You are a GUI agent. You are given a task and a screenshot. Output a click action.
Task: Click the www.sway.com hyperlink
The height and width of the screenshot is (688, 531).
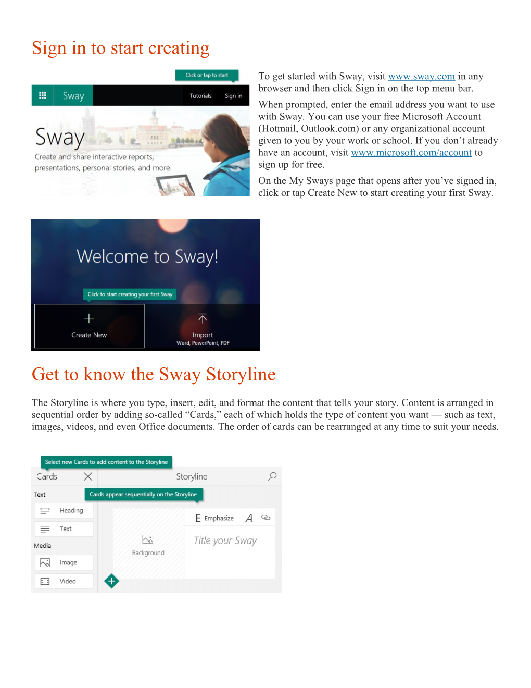point(421,77)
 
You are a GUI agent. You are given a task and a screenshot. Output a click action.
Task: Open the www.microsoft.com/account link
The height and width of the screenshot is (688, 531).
point(411,153)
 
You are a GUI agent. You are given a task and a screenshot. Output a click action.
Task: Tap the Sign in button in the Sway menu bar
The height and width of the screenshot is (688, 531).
point(233,96)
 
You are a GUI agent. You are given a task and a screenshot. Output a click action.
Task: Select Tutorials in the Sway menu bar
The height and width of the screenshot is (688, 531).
point(200,96)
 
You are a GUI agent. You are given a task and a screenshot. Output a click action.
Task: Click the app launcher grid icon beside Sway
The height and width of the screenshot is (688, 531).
point(43,95)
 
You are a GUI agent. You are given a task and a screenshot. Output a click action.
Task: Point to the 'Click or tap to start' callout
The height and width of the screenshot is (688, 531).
point(207,75)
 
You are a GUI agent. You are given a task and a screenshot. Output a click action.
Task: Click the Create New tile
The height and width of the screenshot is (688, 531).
point(89,326)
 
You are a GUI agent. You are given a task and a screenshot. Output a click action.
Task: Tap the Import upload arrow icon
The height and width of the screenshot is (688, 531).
point(203,318)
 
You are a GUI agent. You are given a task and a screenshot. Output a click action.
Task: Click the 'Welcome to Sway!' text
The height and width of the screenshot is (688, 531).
point(147,256)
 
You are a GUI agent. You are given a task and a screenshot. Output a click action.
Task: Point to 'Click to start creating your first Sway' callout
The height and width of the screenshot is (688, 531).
point(130,294)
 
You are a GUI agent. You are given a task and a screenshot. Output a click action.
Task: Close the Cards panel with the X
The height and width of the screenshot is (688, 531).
point(88,476)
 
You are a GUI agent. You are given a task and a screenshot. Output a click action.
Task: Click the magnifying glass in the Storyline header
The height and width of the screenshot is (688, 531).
point(272,476)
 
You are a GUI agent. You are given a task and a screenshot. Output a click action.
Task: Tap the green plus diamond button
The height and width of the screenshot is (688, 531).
point(111,581)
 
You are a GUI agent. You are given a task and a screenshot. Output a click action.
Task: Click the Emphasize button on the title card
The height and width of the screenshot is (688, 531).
point(214,518)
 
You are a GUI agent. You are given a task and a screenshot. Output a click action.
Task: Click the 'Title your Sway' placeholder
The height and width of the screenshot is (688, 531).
point(225,540)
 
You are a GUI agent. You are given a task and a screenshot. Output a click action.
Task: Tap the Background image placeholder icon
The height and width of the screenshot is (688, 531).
point(148,539)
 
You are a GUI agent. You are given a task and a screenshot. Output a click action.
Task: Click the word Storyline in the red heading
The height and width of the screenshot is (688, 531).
point(241,375)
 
